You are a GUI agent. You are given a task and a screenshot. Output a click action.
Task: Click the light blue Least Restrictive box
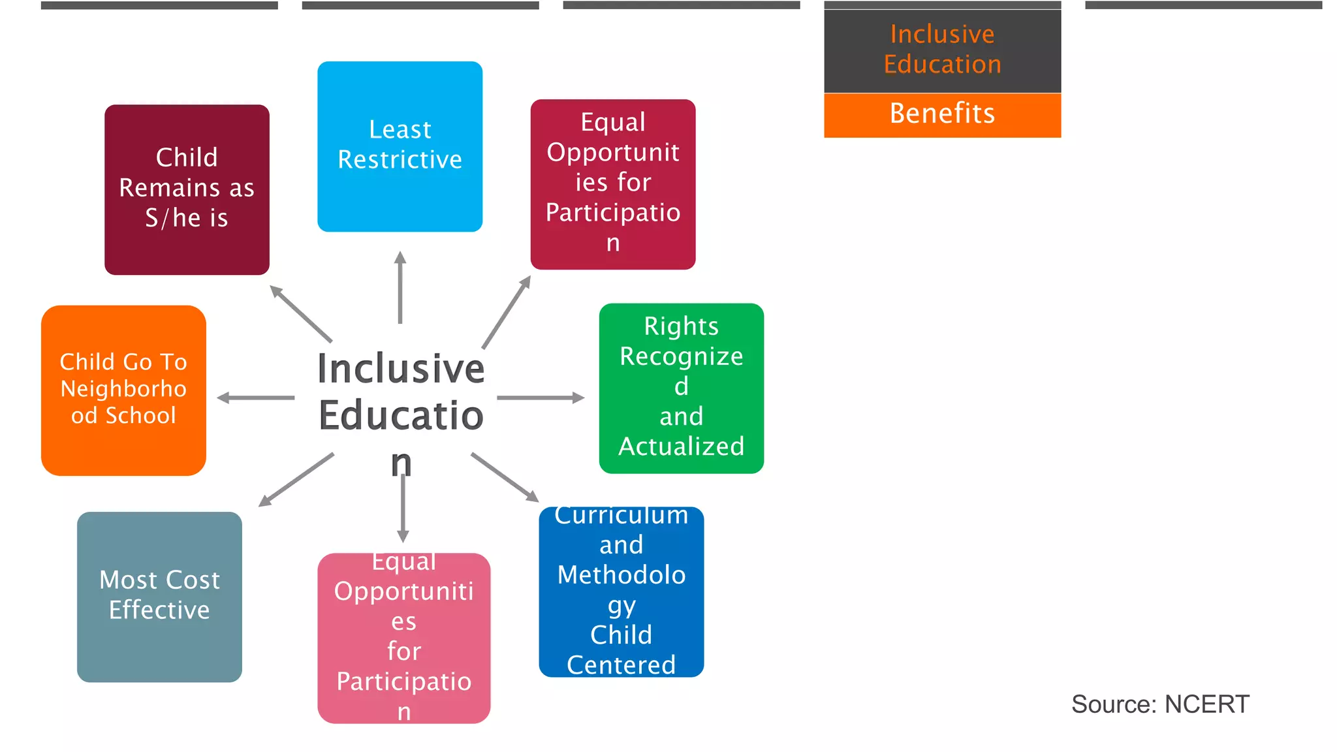pos(400,146)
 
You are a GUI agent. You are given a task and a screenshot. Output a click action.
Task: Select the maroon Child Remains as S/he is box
pos(187,189)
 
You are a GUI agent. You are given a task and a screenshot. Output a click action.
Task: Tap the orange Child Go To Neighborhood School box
pos(123,390)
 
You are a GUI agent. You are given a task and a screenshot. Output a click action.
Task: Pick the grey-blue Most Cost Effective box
pos(159,597)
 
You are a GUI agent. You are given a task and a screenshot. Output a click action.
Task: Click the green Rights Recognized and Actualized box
pos(681,388)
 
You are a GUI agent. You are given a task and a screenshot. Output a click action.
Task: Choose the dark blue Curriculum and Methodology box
pos(621,591)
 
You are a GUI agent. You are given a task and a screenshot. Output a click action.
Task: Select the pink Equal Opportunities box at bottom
pos(403,638)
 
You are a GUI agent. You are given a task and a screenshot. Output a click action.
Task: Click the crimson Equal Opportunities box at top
pos(612,184)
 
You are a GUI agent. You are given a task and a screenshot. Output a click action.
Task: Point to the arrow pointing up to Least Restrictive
pos(400,287)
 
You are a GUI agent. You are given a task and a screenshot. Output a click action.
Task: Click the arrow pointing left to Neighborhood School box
pos(255,398)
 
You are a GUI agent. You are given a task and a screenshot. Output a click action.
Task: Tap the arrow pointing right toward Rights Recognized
pos(541,398)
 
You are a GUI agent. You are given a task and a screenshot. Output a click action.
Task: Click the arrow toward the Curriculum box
pos(505,477)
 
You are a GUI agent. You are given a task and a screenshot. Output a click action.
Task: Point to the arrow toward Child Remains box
pos(301,314)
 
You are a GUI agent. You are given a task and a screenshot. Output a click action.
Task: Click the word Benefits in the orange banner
pos(942,114)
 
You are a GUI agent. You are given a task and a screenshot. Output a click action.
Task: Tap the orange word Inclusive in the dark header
pos(942,34)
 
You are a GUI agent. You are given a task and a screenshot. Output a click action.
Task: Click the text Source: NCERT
pos(1160,704)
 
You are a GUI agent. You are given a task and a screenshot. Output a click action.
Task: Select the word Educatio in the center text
pos(401,416)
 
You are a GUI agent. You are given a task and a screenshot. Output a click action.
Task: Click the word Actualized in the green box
pos(681,446)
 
